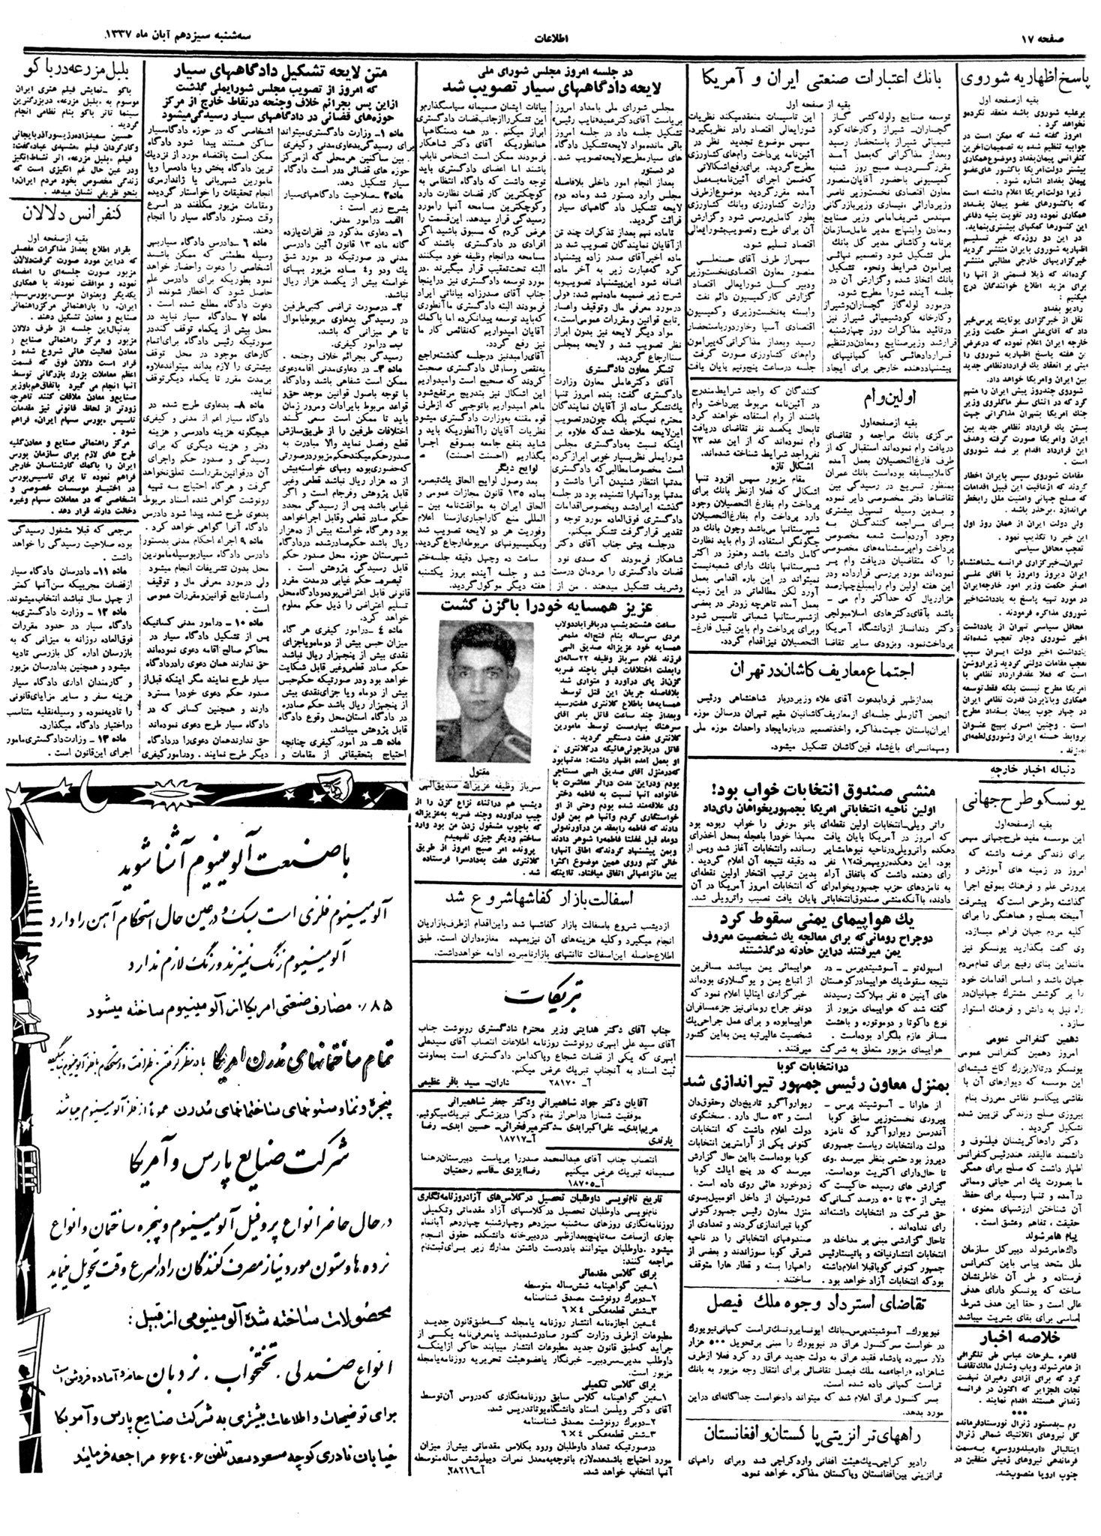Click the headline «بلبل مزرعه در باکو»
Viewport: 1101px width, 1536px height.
click(75, 73)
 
